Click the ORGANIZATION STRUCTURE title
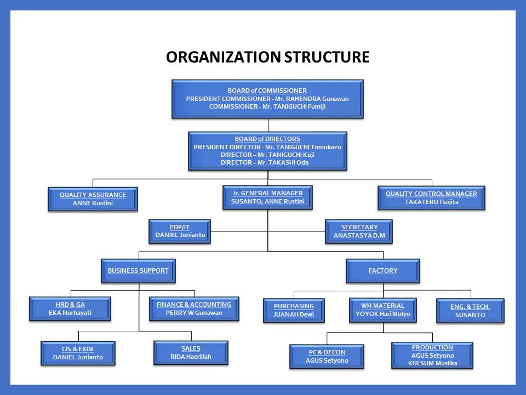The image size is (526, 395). (x=267, y=57)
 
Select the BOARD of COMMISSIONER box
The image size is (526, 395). (x=267, y=99)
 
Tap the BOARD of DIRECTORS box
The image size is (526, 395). (x=267, y=151)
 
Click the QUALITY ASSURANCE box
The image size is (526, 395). (x=92, y=199)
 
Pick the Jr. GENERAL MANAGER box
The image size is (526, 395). (x=267, y=198)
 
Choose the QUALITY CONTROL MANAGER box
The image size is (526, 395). (x=431, y=198)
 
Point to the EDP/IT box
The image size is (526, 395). (x=180, y=231)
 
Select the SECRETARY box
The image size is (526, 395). (x=359, y=231)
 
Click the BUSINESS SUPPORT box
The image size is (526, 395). (x=138, y=270)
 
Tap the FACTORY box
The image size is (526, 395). (x=383, y=270)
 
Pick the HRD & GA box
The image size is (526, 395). (x=70, y=308)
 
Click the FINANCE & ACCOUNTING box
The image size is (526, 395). (x=194, y=308)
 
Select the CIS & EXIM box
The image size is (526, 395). (x=78, y=353)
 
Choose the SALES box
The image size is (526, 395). (x=191, y=352)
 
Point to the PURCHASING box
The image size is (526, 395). (x=294, y=310)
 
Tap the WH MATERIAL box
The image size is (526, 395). (x=382, y=309)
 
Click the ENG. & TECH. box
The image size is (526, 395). (x=470, y=311)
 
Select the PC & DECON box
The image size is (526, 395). (x=327, y=357)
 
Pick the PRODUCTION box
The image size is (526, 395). (x=432, y=355)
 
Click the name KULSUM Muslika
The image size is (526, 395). (x=432, y=363)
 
